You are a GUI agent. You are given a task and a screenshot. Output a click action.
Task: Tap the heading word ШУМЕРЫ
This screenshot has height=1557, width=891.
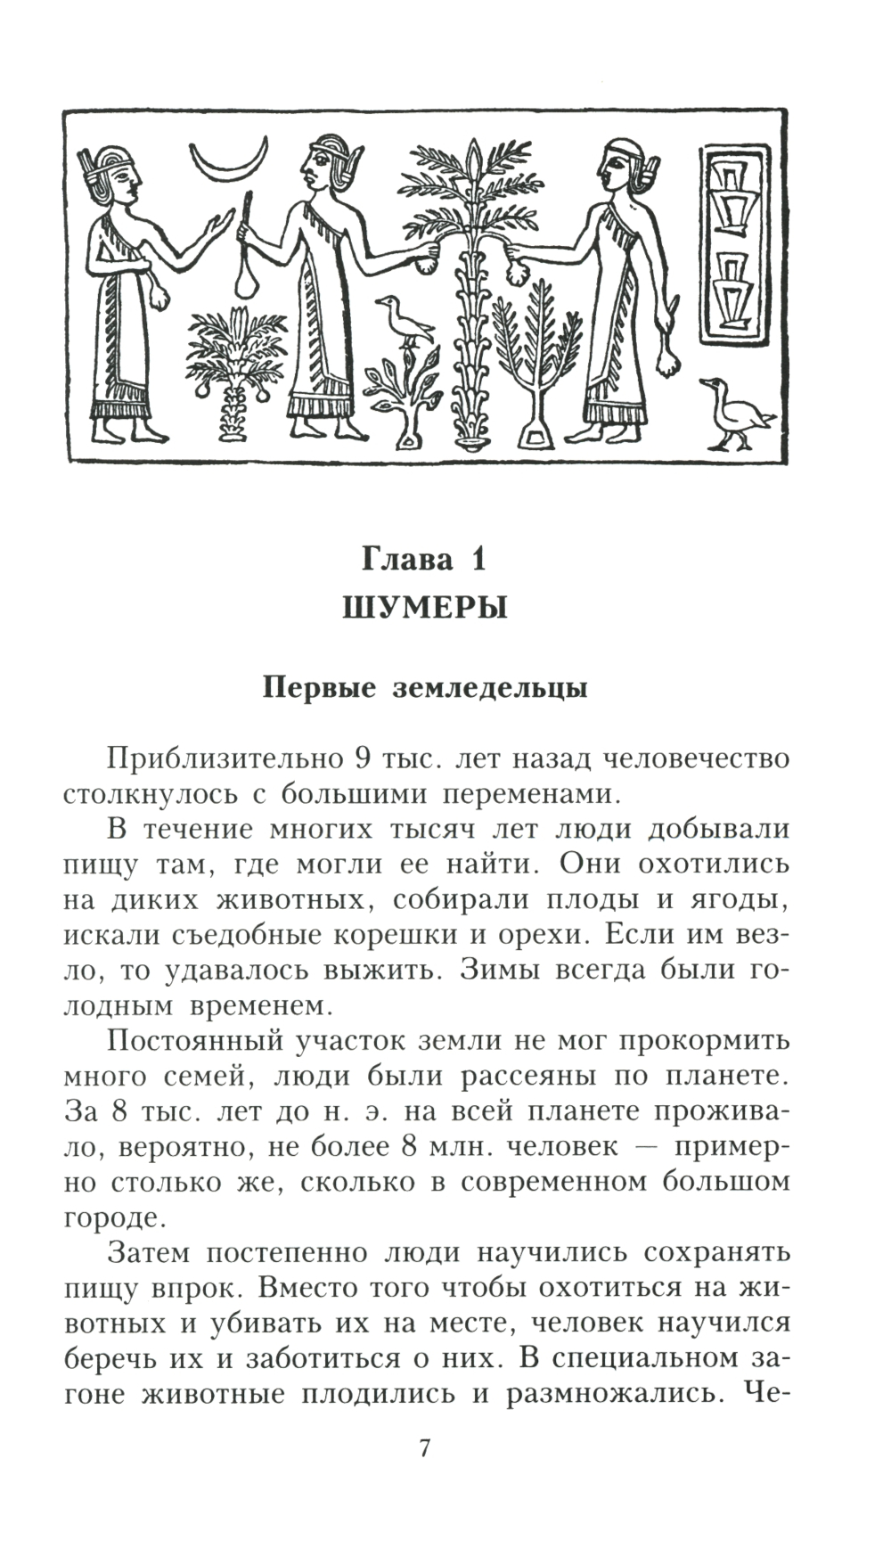(424, 608)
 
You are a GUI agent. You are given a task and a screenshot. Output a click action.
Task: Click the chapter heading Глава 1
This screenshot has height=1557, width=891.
(424, 559)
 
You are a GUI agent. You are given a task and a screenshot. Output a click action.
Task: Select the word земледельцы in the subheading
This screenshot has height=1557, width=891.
(490, 688)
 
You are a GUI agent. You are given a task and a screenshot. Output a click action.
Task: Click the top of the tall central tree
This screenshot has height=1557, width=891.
(475, 160)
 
